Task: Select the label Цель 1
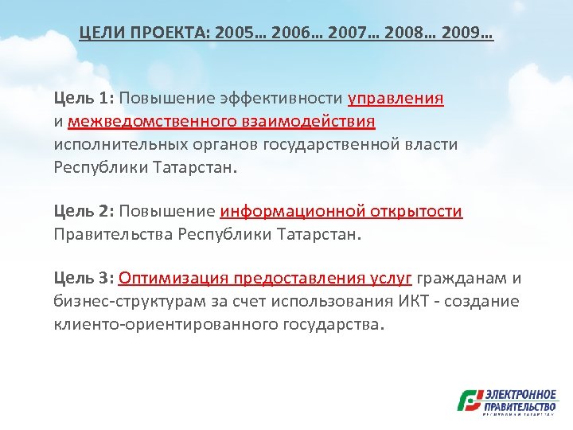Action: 84,98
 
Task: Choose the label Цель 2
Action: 84,211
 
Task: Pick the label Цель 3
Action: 84,278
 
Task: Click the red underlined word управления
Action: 396,98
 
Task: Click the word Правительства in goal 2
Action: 114,235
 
